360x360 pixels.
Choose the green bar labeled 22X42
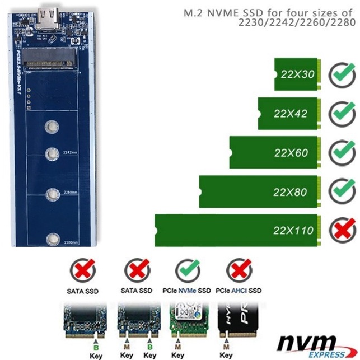(x=289, y=113)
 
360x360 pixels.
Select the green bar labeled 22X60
(x=275, y=152)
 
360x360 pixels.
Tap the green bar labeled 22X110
(x=238, y=230)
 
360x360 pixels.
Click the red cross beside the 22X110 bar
(x=341, y=230)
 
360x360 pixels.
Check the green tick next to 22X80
(x=341, y=191)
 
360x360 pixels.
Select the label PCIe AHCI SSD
(x=240, y=291)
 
